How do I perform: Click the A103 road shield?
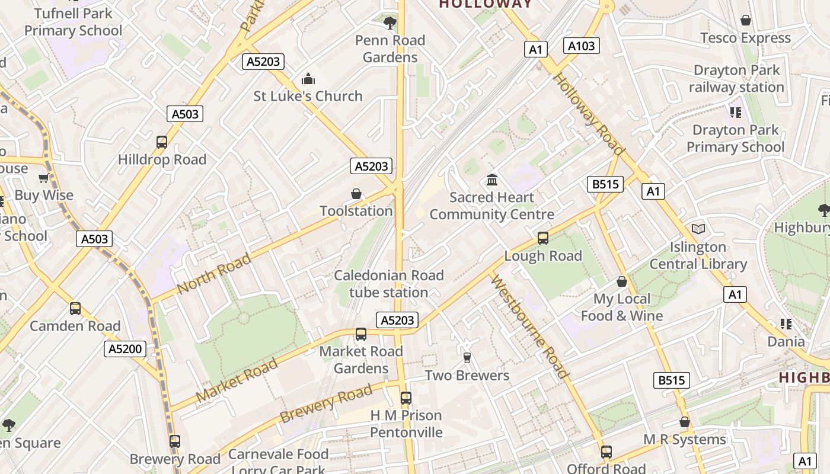tap(581, 46)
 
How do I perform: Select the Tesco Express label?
tap(745, 38)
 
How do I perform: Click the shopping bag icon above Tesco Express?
tap(746, 21)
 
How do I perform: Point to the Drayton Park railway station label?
tap(736, 79)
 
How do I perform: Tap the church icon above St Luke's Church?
tap(308, 79)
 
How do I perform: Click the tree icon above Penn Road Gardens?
tap(390, 23)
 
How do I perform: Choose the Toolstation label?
tap(356, 211)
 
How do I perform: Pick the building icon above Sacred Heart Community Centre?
tap(491, 180)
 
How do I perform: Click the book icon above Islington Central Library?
tap(698, 229)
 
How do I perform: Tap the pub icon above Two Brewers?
tap(467, 358)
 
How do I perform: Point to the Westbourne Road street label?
tap(530, 327)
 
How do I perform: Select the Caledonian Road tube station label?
tap(389, 284)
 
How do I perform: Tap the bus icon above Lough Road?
tap(543, 238)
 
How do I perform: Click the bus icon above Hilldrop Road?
tap(162, 142)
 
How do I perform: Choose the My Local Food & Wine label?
tap(622, 307)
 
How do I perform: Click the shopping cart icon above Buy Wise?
tap(43, 178)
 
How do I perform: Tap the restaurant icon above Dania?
tap(786, 324)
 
